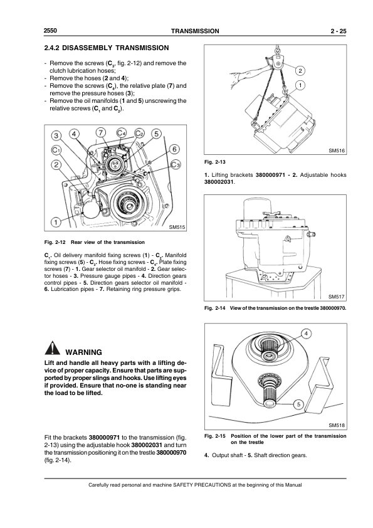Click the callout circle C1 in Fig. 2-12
click(56, 150)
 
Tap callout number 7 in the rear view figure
click(100, 132)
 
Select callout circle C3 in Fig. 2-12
click(176, 164)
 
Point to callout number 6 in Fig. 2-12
click(174, 149)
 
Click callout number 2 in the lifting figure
click(300, 70)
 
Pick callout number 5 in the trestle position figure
click(298, 404)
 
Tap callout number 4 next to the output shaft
click(306, 334)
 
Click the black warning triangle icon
click(52, 349)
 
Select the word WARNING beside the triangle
click(83, 352)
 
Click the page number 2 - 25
click(339, 31)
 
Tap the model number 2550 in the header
click(50, 31)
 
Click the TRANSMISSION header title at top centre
click(195, 31)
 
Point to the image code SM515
click(177, 227)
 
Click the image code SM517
click(337, 297)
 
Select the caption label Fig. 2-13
click(215, 162)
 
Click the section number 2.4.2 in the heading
click(52, 48)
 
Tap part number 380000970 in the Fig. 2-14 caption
click(333, 308)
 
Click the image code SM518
click(337, 425)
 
